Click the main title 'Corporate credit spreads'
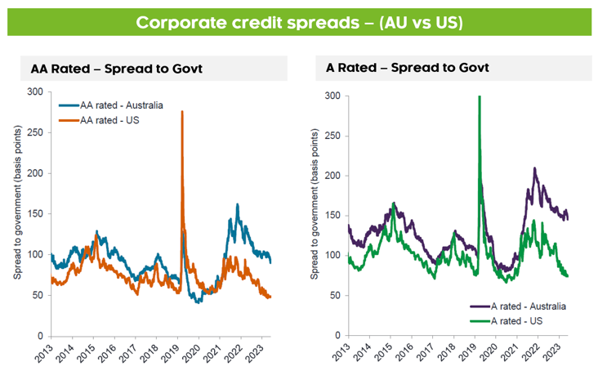tap(299, 22)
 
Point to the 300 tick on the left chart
tap(35, 92)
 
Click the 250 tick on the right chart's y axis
tap(332, 136)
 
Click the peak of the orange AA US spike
tap(181, 111)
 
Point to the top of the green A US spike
tap(479, 96)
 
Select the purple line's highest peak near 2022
tap(534, 168)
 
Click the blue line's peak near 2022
tap(237, 204)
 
